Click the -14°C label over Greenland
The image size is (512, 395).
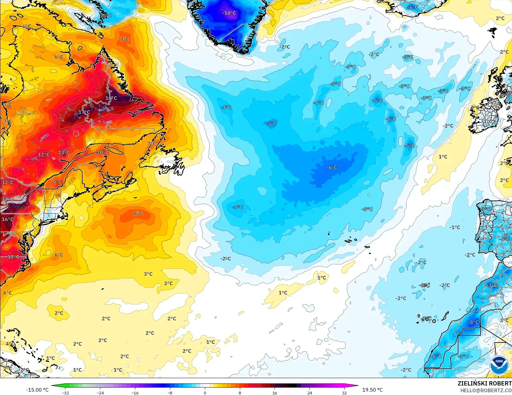pos(229,13)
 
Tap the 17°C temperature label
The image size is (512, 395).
pos(84,112)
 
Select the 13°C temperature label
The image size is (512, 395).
pos(64,153)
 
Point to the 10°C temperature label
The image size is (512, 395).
pos(102,153)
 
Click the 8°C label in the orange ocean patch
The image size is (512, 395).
pos(138,213)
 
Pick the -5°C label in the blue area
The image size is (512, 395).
pos(271,123)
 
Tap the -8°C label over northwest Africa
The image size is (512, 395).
pos(473,322)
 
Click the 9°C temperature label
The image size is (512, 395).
pos(57,182)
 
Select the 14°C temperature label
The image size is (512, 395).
pos(8,199)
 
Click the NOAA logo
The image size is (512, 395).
pos(499,364)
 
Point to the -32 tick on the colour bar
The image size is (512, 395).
pos(65,393)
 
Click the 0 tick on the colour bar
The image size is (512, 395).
pos(205,393)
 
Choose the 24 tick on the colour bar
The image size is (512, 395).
pos(310,393)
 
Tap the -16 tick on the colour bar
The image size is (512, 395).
pos(135,393)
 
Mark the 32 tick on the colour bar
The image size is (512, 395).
pos(345,393)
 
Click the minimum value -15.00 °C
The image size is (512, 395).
pos(37,390)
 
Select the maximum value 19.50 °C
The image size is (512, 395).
pos(372,390)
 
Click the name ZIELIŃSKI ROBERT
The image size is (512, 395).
pos(484,383)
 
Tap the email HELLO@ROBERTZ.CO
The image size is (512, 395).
pos(486,390)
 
